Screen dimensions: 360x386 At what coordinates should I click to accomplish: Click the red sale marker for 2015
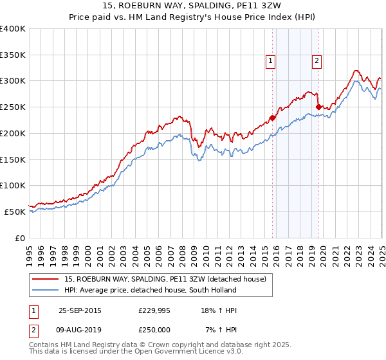pos(272,118)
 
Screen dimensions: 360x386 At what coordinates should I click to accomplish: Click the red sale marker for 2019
pos(318,107)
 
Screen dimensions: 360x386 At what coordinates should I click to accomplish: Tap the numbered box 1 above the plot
pos(270,62)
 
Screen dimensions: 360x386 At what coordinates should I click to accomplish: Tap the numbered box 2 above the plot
pos(317,62)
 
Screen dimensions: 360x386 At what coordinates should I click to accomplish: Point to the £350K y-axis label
pos(13,55)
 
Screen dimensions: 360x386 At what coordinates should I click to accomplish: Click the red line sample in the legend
pos(46,279)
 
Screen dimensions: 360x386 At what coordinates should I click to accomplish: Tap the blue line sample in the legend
pos(46,290)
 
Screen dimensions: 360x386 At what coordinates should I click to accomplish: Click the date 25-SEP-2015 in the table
pos(80,310)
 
